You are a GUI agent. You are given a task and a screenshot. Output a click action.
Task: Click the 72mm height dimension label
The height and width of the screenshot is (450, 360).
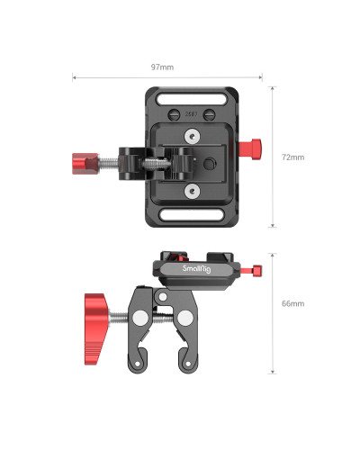[x=293, y=157]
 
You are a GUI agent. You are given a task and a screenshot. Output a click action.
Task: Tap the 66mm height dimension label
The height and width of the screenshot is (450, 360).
[x=293, y=303]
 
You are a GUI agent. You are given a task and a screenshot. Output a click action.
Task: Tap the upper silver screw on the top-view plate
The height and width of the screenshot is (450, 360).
[x=193, y=136]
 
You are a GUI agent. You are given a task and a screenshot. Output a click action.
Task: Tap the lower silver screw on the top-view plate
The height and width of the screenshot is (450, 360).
[x=193, y=191]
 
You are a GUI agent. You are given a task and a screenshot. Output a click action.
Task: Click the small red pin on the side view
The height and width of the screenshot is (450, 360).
[x=258, y=270]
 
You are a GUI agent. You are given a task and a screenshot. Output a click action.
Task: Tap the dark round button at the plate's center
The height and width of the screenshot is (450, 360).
[x=210, y=164]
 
